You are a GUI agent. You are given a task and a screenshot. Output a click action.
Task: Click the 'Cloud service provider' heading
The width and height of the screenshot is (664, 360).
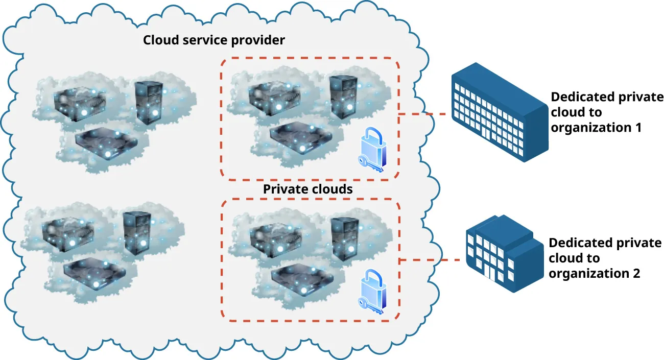click(x=214, y=40)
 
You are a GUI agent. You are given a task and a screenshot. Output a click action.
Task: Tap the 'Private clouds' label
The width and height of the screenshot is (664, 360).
click(x=307, y=189)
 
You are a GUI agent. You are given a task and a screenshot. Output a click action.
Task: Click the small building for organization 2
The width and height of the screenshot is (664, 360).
click(x=504, y=254)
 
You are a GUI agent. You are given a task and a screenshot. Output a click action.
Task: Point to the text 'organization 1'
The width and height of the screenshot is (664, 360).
click(x=596, y=128)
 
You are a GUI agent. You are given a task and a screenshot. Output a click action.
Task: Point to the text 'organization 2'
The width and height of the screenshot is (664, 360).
click(x=594, y=274)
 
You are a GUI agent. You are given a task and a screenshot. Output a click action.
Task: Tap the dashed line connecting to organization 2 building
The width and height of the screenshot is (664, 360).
click(x=430, y=260)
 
